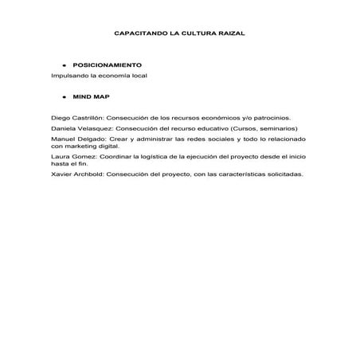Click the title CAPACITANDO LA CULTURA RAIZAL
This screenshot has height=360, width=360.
point(179,36)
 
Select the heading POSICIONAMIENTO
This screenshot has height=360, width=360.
point(107,64)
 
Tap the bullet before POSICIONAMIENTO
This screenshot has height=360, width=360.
point(61,64)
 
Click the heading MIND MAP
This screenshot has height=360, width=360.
point(90,95)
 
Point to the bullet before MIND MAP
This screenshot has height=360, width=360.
point(61,95)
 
